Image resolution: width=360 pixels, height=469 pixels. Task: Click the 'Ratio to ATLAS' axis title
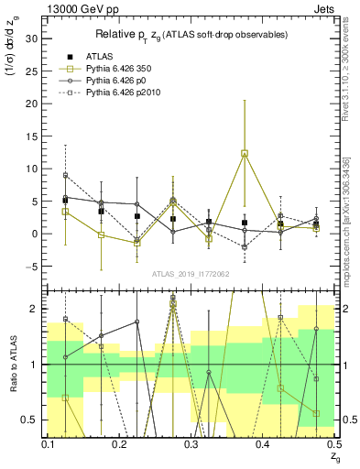[x=12, y=364]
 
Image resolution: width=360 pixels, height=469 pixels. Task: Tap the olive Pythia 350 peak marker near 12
[x=245, y=154]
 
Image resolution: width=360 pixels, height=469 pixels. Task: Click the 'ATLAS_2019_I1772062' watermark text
[x=191, y=275]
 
